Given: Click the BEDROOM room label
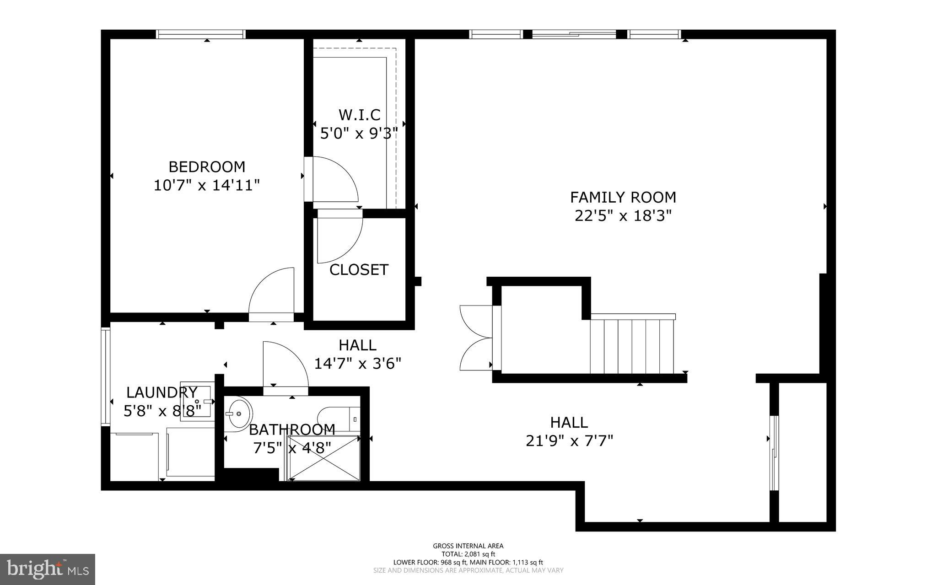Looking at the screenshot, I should pyautogui.click(x=207, y=166).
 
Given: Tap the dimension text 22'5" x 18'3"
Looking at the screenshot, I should pyautogui.click(x=623, y=215).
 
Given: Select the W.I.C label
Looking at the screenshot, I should pyautogui.click(x=359, y=114).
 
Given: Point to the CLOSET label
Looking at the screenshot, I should pyautogui.click(x=359, y=270).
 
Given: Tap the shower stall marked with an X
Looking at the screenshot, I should pyautogui.click(x=323, y=458).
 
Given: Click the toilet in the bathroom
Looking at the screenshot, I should pyautogui.click(x=339, y=419).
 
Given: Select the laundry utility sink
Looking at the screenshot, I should pyautogui.click(x=197, y=401).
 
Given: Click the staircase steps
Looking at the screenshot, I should pyautogui.click(x=632, y=346).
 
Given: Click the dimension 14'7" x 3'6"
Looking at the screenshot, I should pyautogui.click(x=357, y=364).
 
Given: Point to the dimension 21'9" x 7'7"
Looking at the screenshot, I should pyautogui.click(x=569, y=441).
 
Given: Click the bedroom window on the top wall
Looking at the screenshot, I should pyautogui.click(x=201, y=34).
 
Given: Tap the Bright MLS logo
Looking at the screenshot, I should pyautogui.click(x=48, y=569).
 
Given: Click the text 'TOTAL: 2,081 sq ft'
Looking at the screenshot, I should pyautogui.click(x=468, y=554).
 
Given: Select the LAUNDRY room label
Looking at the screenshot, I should pyautogui.click(x=162, y=392).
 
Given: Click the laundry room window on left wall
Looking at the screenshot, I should pyautogui.click(x=106, y=377).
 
